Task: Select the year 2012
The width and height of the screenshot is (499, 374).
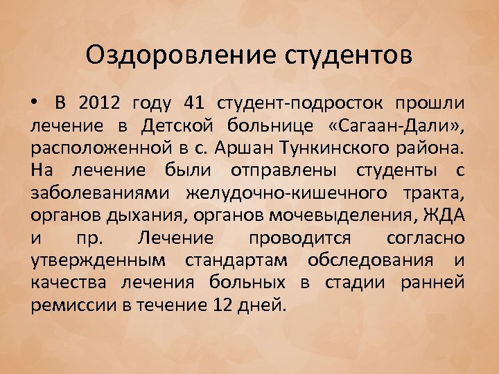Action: click(x=99, y=104)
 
